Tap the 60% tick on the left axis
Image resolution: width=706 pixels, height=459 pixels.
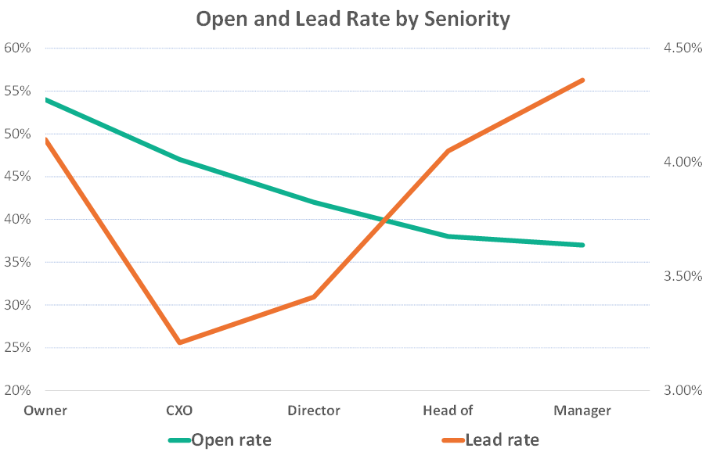(17, 48)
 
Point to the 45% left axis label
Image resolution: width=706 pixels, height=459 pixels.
(17, 177)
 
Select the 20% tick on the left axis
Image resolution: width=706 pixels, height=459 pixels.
(17, 391)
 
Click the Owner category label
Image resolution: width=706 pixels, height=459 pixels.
(45, 411)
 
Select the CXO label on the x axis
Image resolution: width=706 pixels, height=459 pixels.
(179, 411)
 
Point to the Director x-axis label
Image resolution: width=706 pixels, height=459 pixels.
(314, 411)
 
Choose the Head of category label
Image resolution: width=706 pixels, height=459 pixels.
(448, 411)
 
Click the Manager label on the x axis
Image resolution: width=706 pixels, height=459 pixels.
(582, 411)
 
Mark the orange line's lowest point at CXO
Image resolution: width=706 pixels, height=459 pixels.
(179, 342)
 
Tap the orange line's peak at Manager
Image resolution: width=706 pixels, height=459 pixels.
(582, 80)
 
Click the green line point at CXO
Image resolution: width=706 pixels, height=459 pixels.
(179, 160)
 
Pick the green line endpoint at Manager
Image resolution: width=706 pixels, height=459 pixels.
(582, 245)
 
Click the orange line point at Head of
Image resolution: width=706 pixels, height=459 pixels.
(448, 151)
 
